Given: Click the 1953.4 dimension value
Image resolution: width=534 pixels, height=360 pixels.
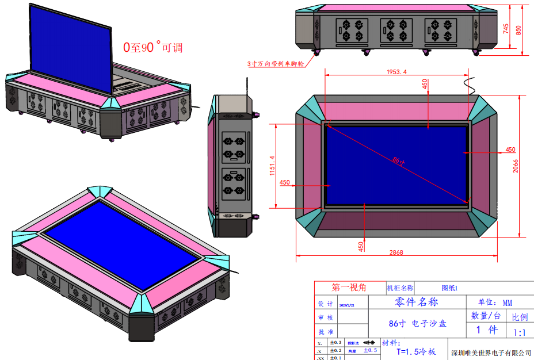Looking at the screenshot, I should (x=396, y=72).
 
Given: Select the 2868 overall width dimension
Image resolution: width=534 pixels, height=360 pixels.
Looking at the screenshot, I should (x=396, y=252).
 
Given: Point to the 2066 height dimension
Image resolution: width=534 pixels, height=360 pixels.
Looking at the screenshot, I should (x=516, y=166).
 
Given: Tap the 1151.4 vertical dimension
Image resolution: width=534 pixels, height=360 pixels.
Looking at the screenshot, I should (x=272, y=166).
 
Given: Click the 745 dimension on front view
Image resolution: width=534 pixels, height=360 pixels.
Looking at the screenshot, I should (x=506, y=29).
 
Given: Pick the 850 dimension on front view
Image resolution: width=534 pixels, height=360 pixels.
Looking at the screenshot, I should (x=519, y=29).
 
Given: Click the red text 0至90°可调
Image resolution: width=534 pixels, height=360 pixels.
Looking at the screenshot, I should (x=152, y=48).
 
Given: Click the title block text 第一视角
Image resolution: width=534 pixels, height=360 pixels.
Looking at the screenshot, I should (x=349, y=287).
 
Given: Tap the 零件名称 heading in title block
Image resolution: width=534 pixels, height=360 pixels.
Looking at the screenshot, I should (x=417, y=302).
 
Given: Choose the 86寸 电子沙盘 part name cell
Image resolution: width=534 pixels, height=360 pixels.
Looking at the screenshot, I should (x=417, y=324).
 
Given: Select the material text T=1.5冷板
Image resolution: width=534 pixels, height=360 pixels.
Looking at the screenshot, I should (x=416, y=352).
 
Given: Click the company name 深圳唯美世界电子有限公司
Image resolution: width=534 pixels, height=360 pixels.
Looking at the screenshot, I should (x=490, y=353).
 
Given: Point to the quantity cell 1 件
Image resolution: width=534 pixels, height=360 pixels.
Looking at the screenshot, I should (x=486, y=330).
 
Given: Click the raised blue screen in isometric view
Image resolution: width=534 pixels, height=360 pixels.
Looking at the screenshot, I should (x=72, y=43).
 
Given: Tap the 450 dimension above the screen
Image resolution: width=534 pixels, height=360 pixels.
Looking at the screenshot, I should (x=425, y=84).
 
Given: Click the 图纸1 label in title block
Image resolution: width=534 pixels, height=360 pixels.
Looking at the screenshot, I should (x=449, y=288).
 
